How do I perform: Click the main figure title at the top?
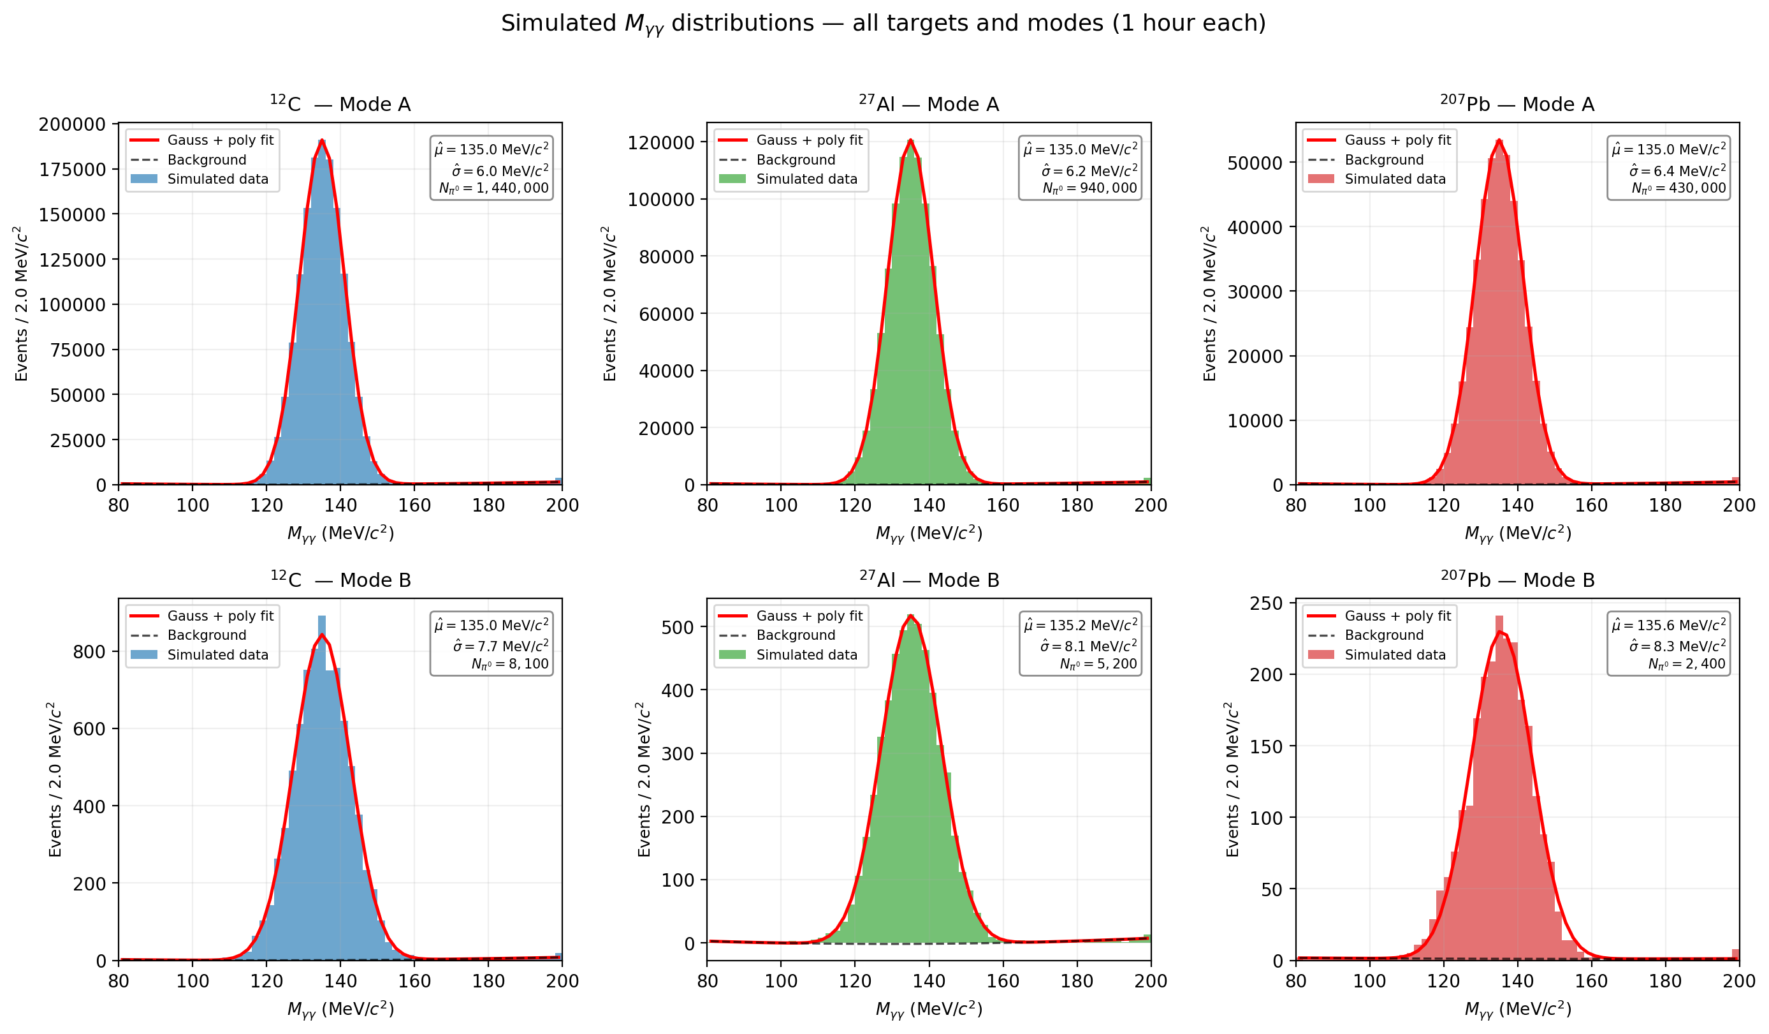[883, 23]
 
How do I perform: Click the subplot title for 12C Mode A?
[340, 105]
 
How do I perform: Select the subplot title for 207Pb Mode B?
[1517, 580]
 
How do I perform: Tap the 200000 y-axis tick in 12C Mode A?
[71, 124]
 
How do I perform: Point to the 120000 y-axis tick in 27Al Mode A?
[660, 143]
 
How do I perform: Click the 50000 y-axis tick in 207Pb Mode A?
[1255, 163]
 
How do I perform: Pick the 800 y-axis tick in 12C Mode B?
[89, 652]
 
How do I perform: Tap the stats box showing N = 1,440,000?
[491, 168]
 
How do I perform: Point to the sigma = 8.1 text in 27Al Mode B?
[1089, 646]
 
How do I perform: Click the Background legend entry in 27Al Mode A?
[796, 160]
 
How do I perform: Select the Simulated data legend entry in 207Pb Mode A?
[1394, 179]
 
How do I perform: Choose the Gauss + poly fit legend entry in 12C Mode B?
[220, 616]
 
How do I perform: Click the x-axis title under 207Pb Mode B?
[1517, 1009]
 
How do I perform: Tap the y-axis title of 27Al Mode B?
[644, 779]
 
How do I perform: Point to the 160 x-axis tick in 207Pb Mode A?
[1591, 505]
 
